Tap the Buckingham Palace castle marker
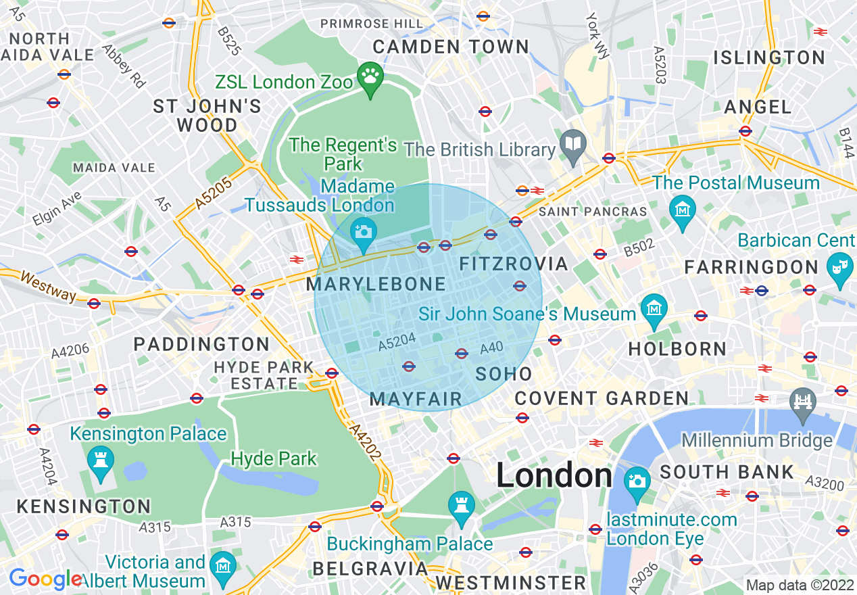click(462, 507)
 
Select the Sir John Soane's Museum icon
click(654, 310)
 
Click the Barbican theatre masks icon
click(839, 268)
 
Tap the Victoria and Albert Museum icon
click(223, 567)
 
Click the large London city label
click(554, 476)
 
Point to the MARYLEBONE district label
click(376, 285)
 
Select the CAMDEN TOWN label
click(451, 47)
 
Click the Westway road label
click(48, 287)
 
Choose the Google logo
click(45, 579)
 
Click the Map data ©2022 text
click(799, 585)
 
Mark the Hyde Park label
click(274, 459)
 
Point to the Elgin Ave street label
click(57, 208)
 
